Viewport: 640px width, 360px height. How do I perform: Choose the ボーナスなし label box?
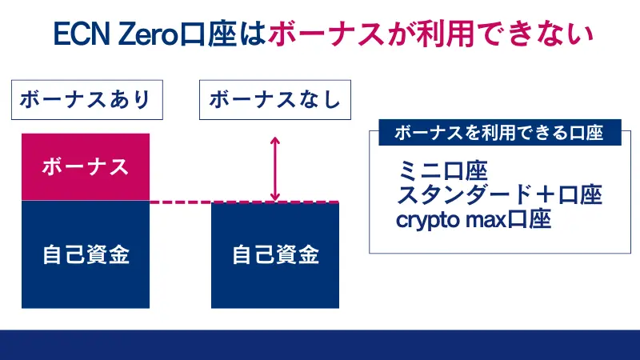click(274, 100)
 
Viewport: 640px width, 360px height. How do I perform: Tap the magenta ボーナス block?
click(85, 167)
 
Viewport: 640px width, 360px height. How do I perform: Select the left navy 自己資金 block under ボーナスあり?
click(85, 254)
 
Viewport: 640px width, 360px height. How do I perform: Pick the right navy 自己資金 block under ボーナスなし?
click(275, 254)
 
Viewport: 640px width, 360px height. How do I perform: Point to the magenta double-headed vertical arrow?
click(275, 169)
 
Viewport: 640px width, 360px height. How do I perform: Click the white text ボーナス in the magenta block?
click(85, 167)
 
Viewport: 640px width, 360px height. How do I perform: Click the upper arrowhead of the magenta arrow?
click(275, 142)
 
